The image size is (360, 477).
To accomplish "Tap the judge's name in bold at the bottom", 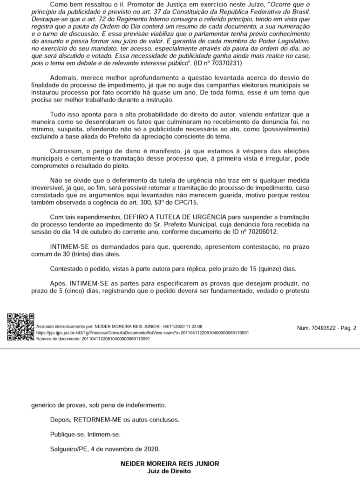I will (x=170, y=464).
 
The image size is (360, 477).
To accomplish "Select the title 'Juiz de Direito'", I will (x=170, y=471).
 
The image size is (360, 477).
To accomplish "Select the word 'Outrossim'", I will (x=67, y=151).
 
